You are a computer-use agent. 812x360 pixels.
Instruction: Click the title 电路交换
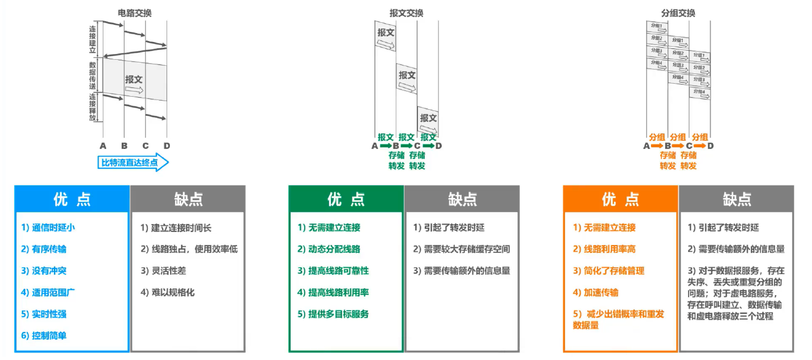tap(135, 13)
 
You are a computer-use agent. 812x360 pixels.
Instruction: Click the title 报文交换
tap(407, 13)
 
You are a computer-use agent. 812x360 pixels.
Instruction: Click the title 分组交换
tap(678, 13)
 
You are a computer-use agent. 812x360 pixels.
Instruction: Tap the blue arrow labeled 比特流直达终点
tap(134, 163)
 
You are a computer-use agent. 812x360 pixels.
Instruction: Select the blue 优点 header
tap(72, 199)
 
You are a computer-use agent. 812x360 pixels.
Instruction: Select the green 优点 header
tap(346, 199)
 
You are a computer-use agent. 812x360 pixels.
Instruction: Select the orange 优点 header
tap(620, 199)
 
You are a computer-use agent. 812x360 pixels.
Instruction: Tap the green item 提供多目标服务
tap(333, 314)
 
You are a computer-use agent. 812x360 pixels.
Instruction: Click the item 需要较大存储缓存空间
tap(461, 249)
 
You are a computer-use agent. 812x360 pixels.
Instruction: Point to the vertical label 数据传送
tap(92, 75)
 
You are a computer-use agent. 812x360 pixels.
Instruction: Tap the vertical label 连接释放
tap(92, 107)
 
